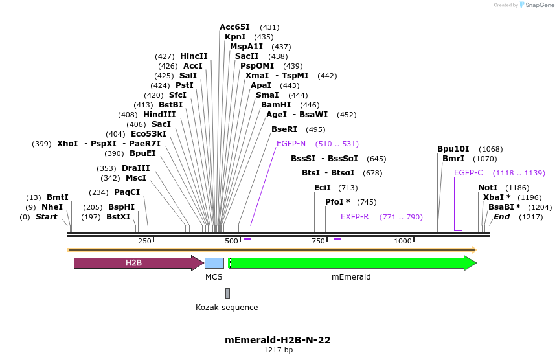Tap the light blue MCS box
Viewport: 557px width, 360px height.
tap(214, 263)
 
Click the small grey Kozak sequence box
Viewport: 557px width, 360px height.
tap(227, 293)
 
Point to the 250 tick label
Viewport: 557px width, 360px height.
tap(144, 241)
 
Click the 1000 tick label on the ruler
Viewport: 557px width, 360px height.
tap(403, 241)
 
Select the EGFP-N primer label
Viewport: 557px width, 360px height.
tap(291, 144)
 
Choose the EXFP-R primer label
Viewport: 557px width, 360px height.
tap(355, 217)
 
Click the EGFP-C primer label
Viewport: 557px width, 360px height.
tap(468, 173)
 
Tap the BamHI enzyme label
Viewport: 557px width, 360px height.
tap(276, 105)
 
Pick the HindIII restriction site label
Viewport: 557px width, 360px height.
tap(159, 115)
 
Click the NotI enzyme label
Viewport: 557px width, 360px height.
tap(488, 188)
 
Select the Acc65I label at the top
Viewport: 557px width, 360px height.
tap(234, 27)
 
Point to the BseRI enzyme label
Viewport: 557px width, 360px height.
tap(284, 129)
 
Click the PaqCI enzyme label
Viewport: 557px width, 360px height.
tap(127, 192)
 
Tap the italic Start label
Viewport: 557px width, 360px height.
tap(46, 217)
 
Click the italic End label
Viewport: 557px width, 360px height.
tap(501, 217)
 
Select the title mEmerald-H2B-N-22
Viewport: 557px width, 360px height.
tap(278, 339)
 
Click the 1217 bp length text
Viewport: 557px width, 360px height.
tap(278, 350)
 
